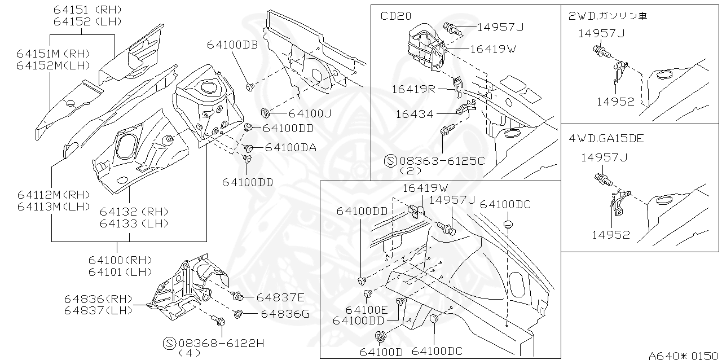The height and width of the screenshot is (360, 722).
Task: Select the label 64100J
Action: pos(310,113)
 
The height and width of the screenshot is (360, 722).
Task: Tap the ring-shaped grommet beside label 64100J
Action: pos(266,111)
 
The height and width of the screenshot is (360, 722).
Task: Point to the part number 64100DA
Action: pos(290,147)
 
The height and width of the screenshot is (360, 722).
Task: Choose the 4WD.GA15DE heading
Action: pos(606,138)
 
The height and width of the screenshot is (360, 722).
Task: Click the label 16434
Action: pos(415,114)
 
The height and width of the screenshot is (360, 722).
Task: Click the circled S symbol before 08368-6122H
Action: pos(169,343)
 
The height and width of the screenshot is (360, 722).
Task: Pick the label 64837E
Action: pos(280,297)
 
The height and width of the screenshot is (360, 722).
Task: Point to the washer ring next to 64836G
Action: pos(238,313)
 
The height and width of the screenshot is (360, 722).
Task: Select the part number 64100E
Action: pos(367,310)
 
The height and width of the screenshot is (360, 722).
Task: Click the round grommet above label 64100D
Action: pos(380,337)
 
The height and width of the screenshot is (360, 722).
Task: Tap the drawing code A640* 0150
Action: pos(684,355)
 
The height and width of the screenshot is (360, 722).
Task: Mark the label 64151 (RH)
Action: pos(87,10)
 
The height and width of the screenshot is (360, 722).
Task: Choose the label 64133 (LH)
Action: pos(127,223)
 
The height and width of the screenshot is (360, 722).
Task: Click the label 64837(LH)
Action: pos(98,310)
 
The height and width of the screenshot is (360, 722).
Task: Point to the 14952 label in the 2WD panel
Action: pos(615,102)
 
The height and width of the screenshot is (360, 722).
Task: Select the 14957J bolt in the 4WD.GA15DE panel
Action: pos(604,181)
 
